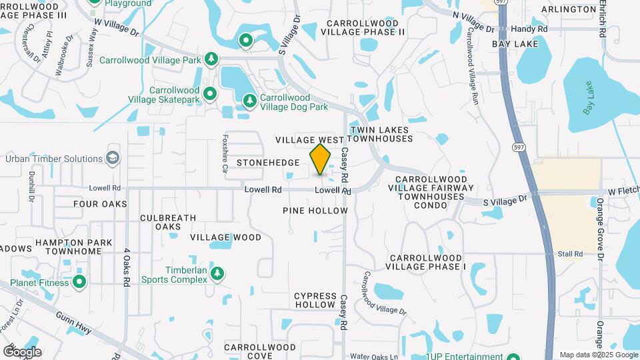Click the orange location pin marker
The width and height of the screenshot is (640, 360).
321,159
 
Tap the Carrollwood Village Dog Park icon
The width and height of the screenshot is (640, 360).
249,101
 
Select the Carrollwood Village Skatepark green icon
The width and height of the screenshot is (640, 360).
210,93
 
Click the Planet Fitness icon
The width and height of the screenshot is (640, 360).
79,282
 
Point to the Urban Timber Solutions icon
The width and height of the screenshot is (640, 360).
113,158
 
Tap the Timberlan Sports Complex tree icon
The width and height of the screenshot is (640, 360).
217,273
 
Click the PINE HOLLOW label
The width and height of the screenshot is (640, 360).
315,211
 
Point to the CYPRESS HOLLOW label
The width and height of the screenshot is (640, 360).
315,300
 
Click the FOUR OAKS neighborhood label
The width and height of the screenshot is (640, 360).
100,204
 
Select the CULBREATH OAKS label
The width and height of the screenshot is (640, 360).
168,222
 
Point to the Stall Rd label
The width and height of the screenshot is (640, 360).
570,254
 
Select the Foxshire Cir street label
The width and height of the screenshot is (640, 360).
225,153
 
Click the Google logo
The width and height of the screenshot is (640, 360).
22,351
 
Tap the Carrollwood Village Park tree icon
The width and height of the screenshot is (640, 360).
212,59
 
